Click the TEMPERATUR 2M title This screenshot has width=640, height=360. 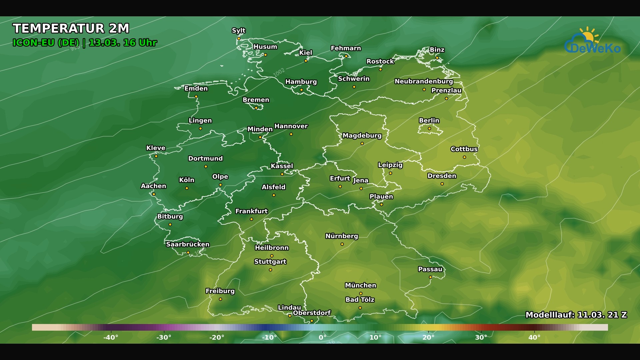tap(71, 29)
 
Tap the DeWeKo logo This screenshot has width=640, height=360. tap(593, 42)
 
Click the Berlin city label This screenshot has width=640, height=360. tap(429, 120)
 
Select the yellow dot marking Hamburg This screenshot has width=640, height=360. tap(301, 90)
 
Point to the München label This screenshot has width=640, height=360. tap(360, 285)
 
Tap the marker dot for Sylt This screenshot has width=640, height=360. tap(239, 39)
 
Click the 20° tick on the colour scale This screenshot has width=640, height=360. tap(428, 337)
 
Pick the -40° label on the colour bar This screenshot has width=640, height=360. tap(111, 337)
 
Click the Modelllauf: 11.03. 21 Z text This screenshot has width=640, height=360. tap(576, 315)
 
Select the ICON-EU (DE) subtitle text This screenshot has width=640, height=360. tap(46, 43)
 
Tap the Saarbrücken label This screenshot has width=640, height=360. tap(188, 244)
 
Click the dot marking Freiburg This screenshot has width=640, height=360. tap(220, 299)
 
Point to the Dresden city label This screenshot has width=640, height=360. tap(442, 176)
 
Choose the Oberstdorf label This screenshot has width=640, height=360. tap(312, 313)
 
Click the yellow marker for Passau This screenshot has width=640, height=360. tap(430, 277)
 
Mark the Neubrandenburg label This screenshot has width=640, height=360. tap(424, 81)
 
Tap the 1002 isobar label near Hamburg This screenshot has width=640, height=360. tap(279, 72)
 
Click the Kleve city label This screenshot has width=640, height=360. tap(156, 148)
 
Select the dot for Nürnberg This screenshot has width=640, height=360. tap(342, 244)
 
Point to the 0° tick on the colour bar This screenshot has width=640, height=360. tap(322, 337)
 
